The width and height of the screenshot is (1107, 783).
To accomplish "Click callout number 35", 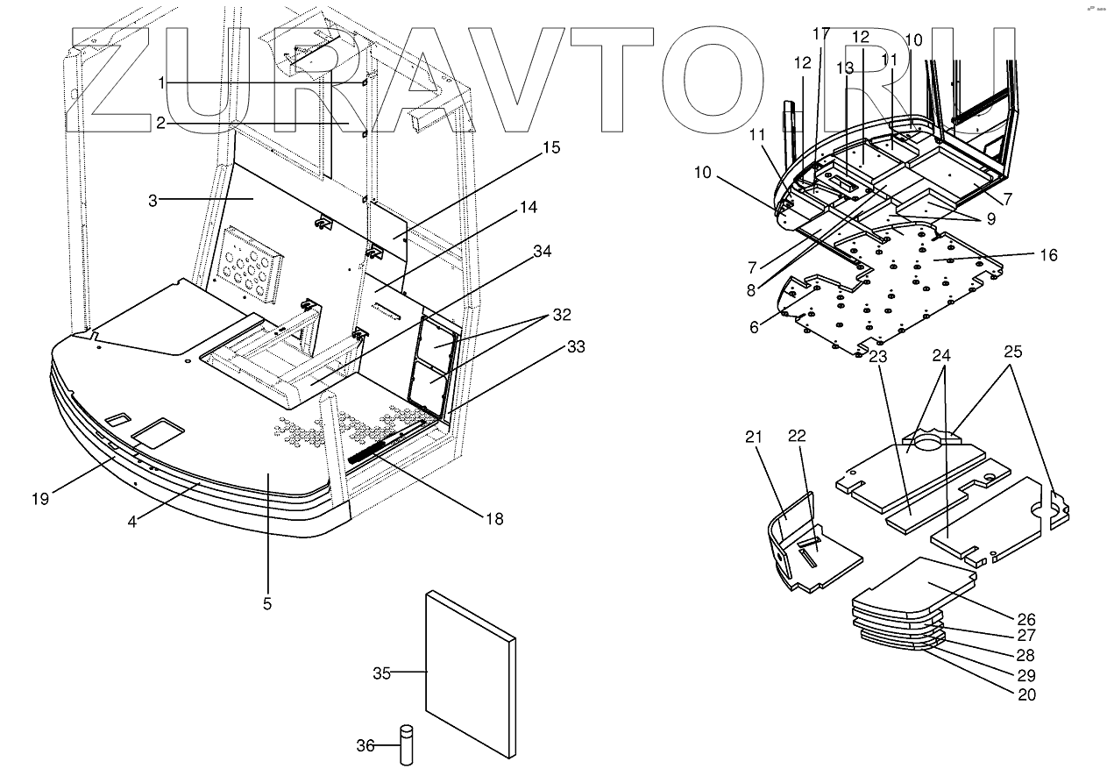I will click(x=381, y=673).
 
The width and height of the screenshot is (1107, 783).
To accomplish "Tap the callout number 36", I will click(x=365, y=746).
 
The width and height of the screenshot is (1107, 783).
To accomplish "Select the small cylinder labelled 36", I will click(x=407, y=744).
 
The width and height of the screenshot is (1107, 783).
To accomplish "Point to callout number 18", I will click(x=495, y=518).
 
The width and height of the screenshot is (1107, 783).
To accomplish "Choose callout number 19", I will click(x=40, y=499).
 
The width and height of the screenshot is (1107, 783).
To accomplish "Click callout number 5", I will click(x=267, y=603).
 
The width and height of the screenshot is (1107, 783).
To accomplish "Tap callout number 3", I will click(x=153, y=201).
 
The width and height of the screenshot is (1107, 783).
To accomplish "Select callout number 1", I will click(x=161, y=82).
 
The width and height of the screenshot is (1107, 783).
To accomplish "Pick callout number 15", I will click(x=550, y=147).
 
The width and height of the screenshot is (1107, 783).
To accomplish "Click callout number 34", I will click(x=543, y=252).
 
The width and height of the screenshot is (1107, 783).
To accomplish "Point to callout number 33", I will click(x=552, y=346).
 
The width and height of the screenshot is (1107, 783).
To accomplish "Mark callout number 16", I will click(x=1048, y=255).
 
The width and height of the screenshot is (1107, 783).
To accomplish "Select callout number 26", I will click(x=1026, y=618).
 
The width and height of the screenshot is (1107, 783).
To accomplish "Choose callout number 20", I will click(x=1026, y=694).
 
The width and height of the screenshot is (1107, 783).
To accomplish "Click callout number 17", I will click(x=821, y=34).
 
